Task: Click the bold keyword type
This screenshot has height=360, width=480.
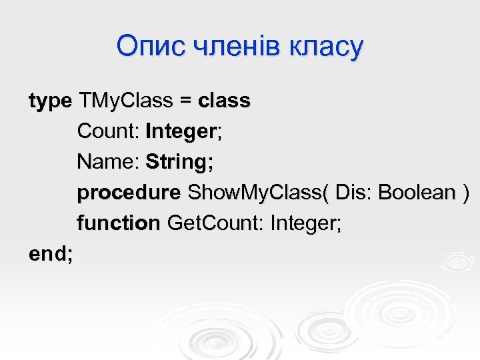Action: pyautogui.click(x=50, y=102)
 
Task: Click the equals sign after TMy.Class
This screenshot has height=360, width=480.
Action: pyautogui.click(x=185, y=101)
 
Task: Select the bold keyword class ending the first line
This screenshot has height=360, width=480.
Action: pyautogui.click(x=224, y=101)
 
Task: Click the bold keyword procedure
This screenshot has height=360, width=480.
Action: pyautogui.click(x=129, y=193)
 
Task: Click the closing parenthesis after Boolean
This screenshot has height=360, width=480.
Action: pyautogui.click(x=465, y=193)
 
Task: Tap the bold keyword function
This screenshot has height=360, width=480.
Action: pyautogui.click(x=119, y=223)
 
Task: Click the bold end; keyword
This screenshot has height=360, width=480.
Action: pyautogui.click(x=51, y=254)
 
